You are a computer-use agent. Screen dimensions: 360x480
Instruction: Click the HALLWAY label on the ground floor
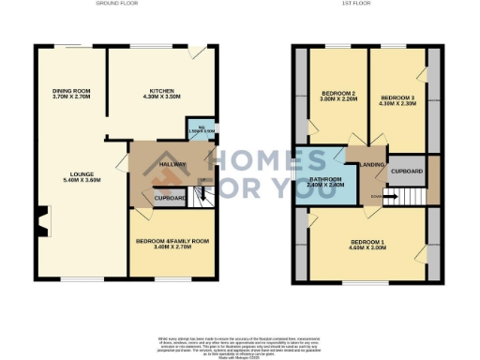coord(172,165)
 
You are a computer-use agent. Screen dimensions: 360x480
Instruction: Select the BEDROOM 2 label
coord(337,95)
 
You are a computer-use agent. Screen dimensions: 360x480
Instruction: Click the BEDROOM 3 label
coord(398,97)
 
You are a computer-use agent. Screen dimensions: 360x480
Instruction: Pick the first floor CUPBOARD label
coord(407,172)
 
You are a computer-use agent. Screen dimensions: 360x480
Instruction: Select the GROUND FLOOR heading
coord(117,4)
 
